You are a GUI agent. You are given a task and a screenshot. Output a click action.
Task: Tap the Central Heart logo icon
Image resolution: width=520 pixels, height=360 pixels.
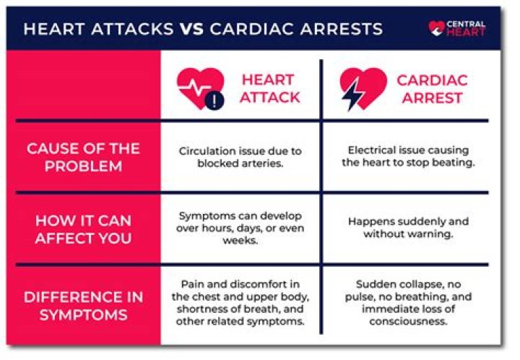click(x=437, y=28)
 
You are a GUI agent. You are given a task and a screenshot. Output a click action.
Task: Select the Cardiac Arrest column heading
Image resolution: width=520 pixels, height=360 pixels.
click(x=433, y=88)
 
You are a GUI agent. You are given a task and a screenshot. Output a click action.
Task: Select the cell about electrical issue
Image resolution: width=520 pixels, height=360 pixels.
click(x=408, y=157)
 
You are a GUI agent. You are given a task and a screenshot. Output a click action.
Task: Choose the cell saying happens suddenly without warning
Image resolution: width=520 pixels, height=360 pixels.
click(x=408, y=228)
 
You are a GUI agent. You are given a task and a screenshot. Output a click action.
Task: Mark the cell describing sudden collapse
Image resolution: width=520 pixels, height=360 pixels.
click(x=408, y=304)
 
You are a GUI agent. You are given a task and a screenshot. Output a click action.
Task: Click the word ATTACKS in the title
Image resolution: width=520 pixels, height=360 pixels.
click(x=132, y=30)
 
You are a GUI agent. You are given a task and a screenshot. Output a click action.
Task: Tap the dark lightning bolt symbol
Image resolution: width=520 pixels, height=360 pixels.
click(x=354, y=94)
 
